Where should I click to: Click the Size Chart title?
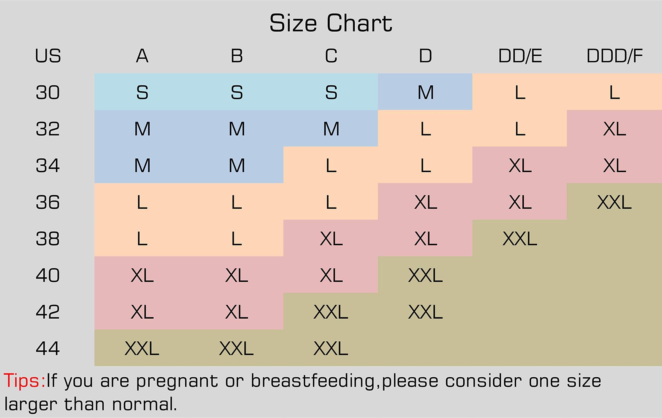click(331, 24)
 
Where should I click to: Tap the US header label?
click(48, 56)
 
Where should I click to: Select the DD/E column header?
click(520, 56)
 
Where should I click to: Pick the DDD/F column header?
click(614, 56)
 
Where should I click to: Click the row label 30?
click(48, 92)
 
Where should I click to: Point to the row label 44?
click(48, 348)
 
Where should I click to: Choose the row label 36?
click(48, 202)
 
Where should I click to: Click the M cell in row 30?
click(426, 92)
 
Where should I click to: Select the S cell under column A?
click(142, 92)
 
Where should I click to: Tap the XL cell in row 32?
click(614, 129)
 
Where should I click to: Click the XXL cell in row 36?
click(614, 202)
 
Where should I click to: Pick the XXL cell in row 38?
click(520, 239)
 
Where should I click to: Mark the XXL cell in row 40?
click(425, 275)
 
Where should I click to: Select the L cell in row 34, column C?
click(331, 166)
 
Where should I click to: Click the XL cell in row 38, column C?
click(331, 239)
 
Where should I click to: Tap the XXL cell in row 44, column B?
click(236, 348)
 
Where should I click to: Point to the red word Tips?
click(24, 381)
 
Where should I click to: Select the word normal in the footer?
click(144, 404)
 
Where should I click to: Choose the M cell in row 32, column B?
click(237, 129)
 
